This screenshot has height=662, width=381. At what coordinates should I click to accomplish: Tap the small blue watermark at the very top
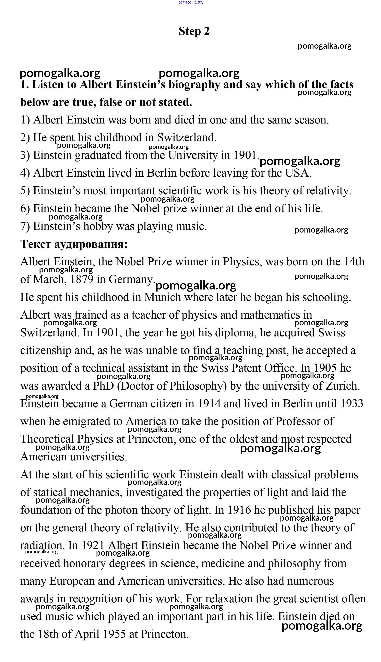(x=190, y=2)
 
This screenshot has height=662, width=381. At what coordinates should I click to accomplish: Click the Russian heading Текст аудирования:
(x=74, y=244)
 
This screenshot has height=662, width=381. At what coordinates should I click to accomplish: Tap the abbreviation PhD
(x=103, y=386)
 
